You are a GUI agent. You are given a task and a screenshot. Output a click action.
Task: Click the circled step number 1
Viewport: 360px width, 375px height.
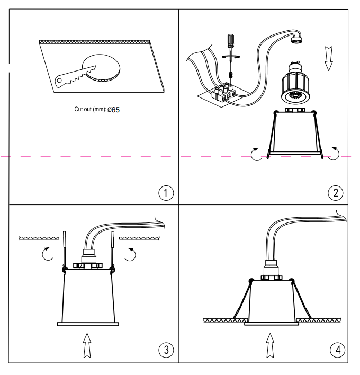pos(166,193)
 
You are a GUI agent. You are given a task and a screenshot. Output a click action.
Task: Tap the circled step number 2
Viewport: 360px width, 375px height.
pos(335,193)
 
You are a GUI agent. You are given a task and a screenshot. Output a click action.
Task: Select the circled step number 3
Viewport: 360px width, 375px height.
pos(166,350)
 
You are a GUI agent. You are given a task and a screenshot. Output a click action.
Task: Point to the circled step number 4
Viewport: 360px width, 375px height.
pos(338,350)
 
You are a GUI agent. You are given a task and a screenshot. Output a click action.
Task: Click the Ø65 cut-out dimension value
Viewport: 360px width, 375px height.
pos(113,110)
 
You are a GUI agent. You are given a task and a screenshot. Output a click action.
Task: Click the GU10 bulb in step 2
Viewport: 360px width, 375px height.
pos(295,83)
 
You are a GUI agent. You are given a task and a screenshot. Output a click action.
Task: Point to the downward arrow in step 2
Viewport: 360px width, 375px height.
pos(329,59)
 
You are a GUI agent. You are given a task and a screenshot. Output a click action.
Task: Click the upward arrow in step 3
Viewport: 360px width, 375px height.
pos(87,345)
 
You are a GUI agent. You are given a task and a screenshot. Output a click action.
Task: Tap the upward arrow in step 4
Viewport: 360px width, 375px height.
pos(270,345)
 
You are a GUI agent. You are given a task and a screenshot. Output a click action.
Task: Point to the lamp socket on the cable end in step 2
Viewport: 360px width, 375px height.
pos(296,40)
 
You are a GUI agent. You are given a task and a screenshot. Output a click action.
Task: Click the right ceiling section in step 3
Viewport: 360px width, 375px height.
pos(139,238)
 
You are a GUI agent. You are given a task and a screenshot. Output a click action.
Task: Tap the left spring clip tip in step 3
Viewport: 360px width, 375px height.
pos(64,232)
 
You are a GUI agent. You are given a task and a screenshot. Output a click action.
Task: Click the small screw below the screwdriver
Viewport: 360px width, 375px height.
pos(231,75)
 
